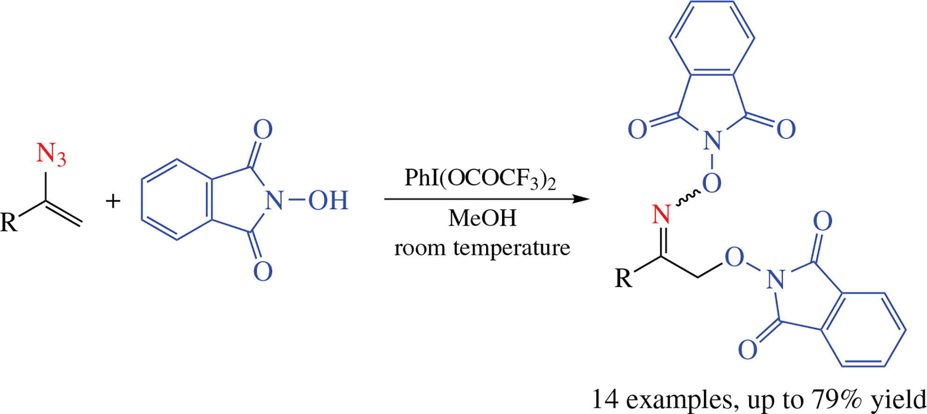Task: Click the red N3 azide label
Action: tap(51, 154)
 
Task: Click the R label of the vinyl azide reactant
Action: tap(9, 222)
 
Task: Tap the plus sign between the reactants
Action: tap(113, 201)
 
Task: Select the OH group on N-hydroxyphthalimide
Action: tap(328, 201)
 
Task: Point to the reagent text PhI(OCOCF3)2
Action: tap(480, 178)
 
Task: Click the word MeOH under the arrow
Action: tap(482, 218)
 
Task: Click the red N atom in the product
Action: tap(661, 215)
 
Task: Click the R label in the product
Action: tap(623, 278)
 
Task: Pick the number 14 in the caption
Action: tap(606, 400)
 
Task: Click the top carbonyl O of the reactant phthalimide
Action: tap(262, 129)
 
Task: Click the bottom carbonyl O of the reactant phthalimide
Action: tap(262, 271)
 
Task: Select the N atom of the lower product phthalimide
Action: tap(775, 279)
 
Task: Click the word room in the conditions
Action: tap(419, 248)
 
